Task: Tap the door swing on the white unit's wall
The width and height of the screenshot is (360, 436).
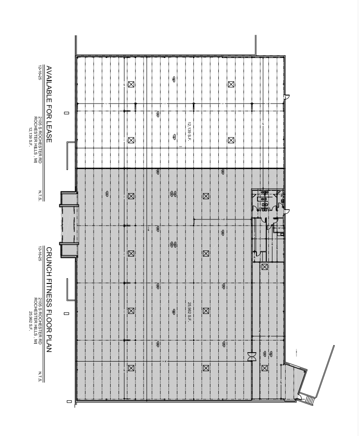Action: [287, 97]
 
